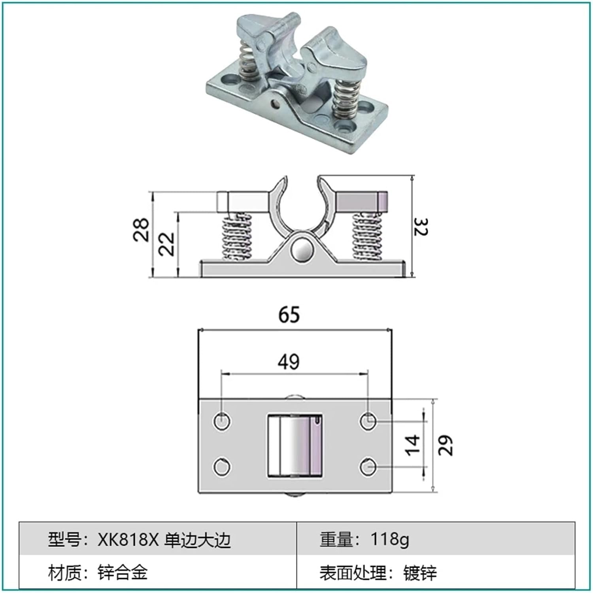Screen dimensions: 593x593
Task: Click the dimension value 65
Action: coord(289,315)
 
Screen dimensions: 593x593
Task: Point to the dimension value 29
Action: coord(445,446)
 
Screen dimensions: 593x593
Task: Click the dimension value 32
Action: coord(421,227)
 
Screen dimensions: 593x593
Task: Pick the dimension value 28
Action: coord(141,229)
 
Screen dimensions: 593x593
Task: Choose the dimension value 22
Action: coord(166,244)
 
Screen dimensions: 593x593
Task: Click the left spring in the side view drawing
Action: coord(237,237)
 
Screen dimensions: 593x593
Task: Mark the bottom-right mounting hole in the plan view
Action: coord(368,467)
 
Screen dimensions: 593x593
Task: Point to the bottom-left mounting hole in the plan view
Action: coord(222,467)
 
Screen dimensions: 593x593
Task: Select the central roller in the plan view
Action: coord(295,446)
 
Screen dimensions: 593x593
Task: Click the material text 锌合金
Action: coord(123,572)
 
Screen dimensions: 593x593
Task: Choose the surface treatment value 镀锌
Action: coord(420,573)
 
